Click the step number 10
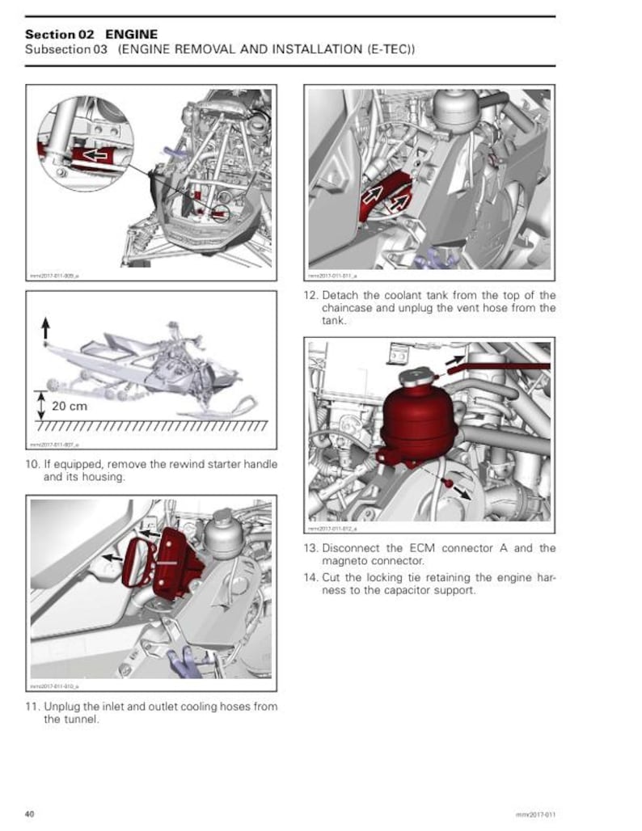coord(33,465)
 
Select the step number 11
coord(33,707)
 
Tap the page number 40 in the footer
coord(29,812)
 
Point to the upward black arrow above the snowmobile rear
coord(45,327)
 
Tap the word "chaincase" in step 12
coord(353,308)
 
